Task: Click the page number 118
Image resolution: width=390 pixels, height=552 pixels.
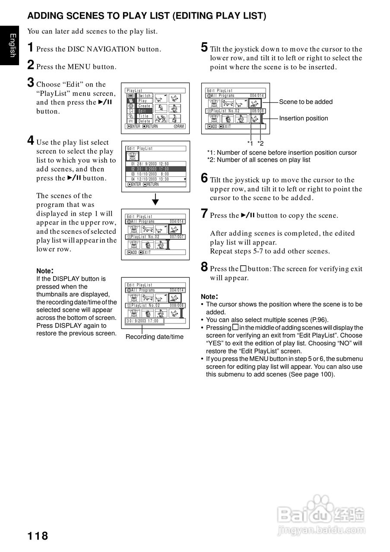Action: [38, 536]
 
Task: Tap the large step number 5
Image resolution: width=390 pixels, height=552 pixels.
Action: [204, 47]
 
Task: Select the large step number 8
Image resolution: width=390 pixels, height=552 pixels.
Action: [204, 267]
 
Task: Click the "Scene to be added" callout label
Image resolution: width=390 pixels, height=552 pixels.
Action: [306, 102]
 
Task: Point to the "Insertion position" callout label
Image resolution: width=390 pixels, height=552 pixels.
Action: [303, 118]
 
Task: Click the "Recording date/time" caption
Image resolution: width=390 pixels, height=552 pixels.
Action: [154, 337]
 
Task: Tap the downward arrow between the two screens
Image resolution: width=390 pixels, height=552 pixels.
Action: [155, 200]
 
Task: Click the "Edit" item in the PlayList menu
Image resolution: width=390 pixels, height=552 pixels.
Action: [143, 111]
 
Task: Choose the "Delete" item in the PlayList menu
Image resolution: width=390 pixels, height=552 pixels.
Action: [144, 121]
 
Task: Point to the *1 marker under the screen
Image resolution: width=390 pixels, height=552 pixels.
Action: [250, 143]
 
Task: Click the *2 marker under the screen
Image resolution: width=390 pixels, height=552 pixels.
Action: [260, 143]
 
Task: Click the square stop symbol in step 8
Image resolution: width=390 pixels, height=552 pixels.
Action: [243, 268]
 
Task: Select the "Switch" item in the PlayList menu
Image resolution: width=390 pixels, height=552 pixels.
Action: [145, 95]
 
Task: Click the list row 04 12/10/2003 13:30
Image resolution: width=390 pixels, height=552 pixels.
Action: [150, 179]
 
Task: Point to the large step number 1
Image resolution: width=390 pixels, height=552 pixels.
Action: [31, 47]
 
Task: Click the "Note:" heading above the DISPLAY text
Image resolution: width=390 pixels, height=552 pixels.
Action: [45, 271]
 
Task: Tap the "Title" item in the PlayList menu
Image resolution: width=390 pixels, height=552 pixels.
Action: [143, 116]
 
